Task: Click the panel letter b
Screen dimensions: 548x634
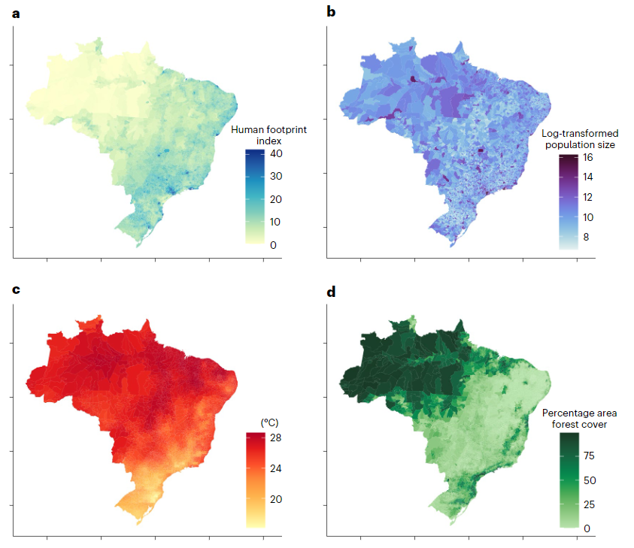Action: tap(332, 13)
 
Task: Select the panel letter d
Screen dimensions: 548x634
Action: tap(332, 291)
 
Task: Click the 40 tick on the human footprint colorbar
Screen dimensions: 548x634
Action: tap(276, 153)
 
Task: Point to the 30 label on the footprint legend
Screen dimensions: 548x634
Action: tap(276, 177)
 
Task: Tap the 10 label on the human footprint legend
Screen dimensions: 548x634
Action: tap(276, 222)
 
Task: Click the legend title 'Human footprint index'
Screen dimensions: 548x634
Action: tap(268, 135)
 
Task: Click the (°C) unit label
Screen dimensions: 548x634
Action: tap(268, 422)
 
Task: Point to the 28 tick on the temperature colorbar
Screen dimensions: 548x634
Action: tap(276, 437)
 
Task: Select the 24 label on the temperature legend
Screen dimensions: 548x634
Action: tap(276, 469)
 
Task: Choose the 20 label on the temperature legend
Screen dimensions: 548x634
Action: tap(276, 499)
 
